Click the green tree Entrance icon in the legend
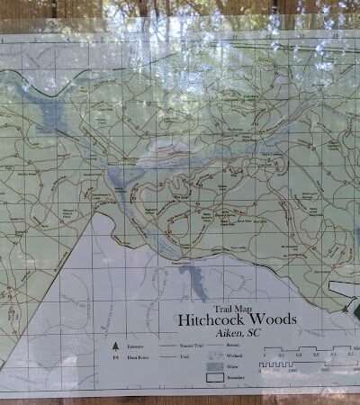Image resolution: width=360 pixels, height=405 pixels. (x=114, y=346)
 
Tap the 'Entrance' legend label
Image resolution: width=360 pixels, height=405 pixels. (x=138, y=346)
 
